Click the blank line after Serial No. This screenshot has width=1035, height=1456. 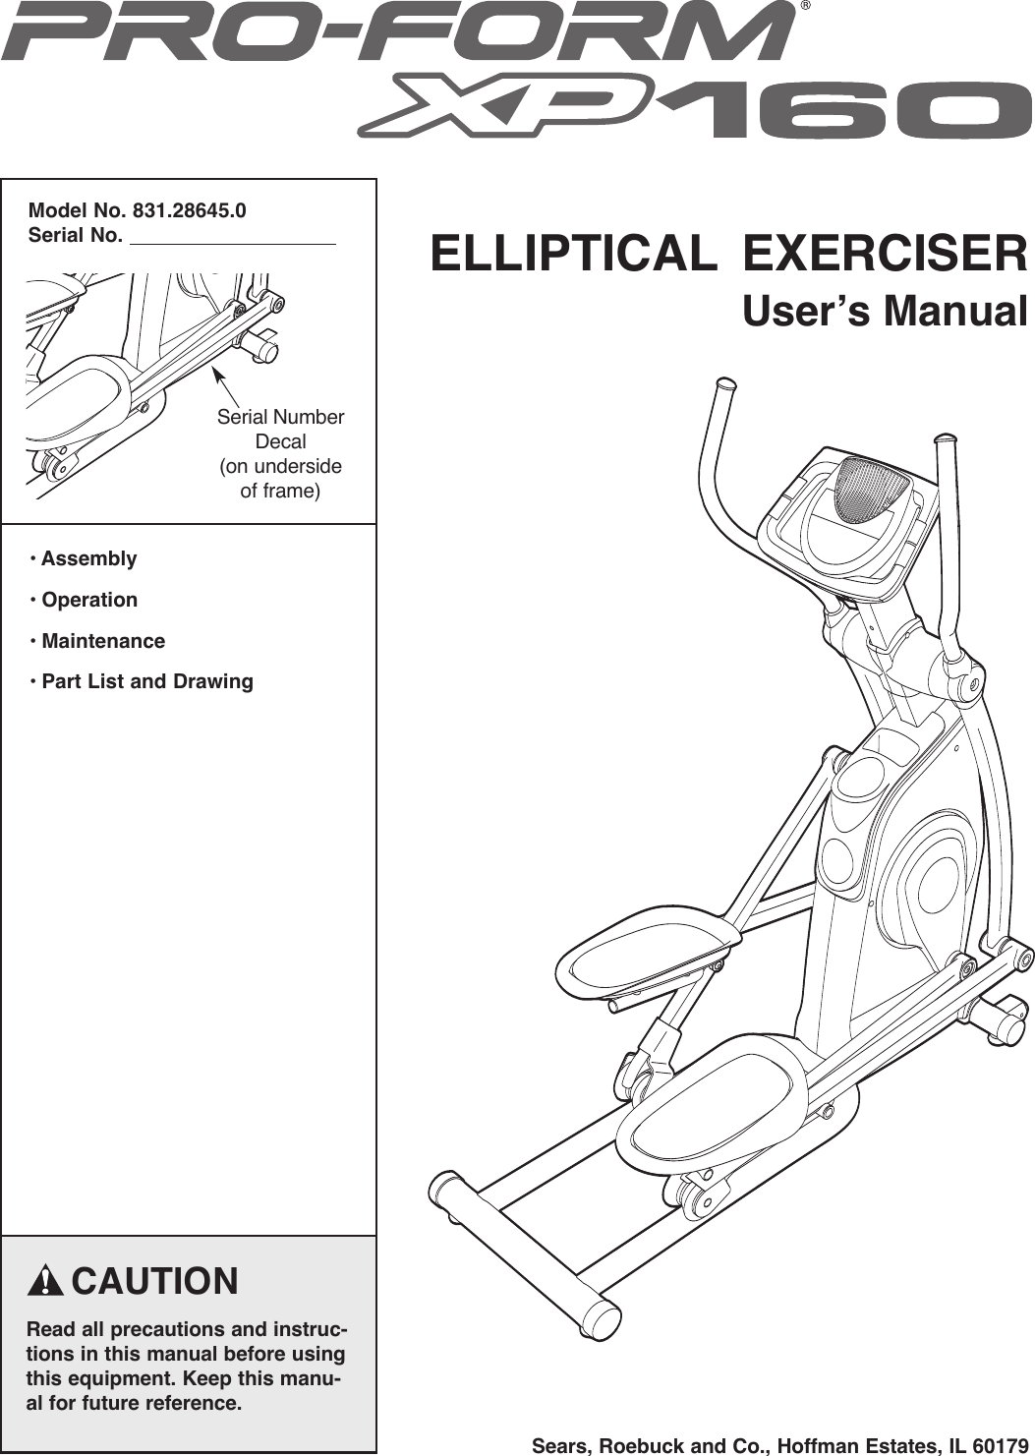[x=233, y=237]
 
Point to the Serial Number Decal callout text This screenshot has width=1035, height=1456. [x=280, y=453]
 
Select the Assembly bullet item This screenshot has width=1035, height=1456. [x=88, y=558]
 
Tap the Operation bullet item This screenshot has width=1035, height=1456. [x=88, y=600]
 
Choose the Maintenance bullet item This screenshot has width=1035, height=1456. [x=102, y=641]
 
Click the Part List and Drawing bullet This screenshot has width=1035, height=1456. [x=146, y=681]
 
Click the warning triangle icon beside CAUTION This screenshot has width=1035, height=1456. [x=46, y=1282]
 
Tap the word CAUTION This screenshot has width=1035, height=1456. [x=155, y=1282]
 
